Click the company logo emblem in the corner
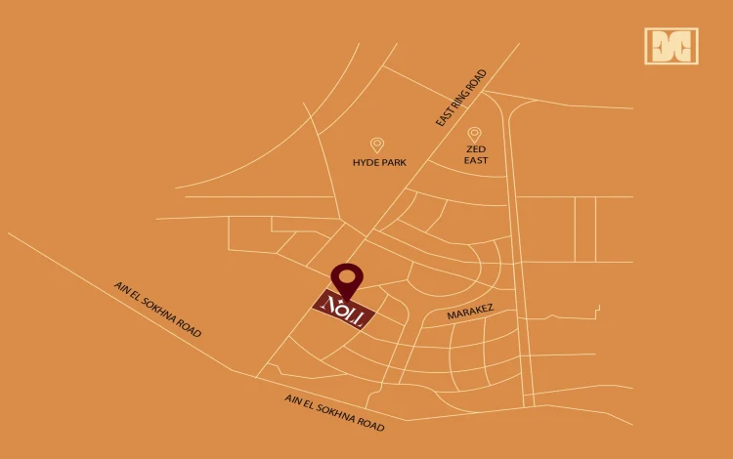tap(671, 46)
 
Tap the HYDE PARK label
tap(379, 163)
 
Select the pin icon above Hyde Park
tap(377, 145)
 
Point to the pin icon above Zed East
tap(474, 134)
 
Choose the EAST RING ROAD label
tap(461, 97)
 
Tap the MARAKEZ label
tap(470, 313)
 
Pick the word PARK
tap(393, 163)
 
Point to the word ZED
tap(475, 148)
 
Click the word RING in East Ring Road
tap(463, 95)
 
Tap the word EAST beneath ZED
tap(475, 160)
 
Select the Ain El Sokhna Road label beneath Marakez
tap(334, 412)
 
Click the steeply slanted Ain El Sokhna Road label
tap(157, 310)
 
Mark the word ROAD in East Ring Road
tap(477, 78)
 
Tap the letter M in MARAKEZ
tap(452, 317)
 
